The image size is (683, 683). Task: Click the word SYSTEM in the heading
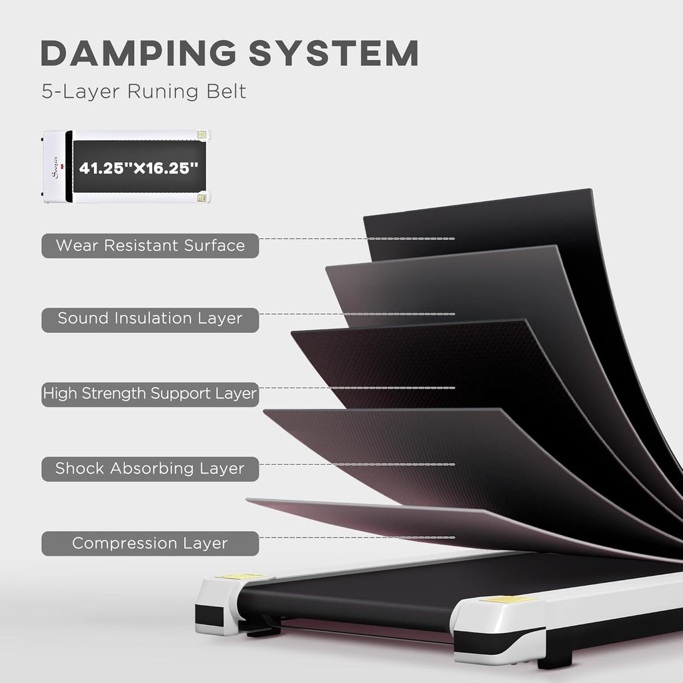[333, 53]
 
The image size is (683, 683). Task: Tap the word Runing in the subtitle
[163, 91]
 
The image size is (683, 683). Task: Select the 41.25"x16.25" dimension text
[139, 167]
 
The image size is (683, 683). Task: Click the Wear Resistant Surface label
[150, 245]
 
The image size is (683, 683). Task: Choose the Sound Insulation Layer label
[150, 319]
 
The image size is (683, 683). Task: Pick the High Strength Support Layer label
[150, 394]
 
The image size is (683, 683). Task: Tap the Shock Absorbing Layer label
[150, 469]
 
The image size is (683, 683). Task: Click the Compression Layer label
[150, 543]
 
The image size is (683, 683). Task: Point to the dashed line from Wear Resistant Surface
[357, 239]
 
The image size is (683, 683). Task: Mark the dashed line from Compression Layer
[357, 538]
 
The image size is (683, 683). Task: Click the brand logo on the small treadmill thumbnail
[55, 167]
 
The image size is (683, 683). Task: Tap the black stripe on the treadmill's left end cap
[209, 615]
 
